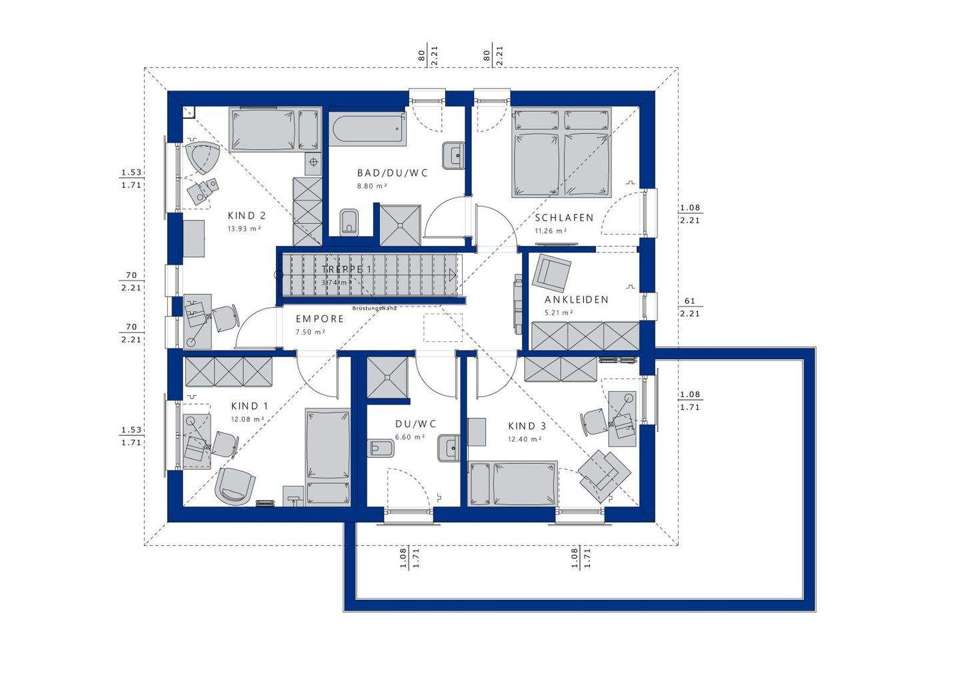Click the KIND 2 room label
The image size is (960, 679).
pyautogui.click(x=247, y=216)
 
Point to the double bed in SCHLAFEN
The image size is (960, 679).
pyautogui.click(x=561, y=153)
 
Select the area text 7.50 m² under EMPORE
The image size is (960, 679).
pyautogui.click(x=311, y=332)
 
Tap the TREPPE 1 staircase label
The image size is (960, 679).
pyautogui.click(x=347, y=269)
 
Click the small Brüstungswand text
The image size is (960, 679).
pyautogui.click(x=375, y=309)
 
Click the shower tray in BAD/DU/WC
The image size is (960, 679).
pyautogui.click(x=400, y=224)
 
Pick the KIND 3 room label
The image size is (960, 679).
pyautogui.click(x=527, y=426)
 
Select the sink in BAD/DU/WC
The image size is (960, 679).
pyautogui.click(x=454, y=156)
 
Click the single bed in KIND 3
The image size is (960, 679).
pyautogui.click(x=513, y=483)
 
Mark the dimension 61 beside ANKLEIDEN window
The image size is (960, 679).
pyautogui.click(x=689, y=301)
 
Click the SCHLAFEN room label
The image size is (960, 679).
pyautogui.click(x=564, y=218)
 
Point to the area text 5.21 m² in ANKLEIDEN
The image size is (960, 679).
pyautogui.click(x=559, y=313)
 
